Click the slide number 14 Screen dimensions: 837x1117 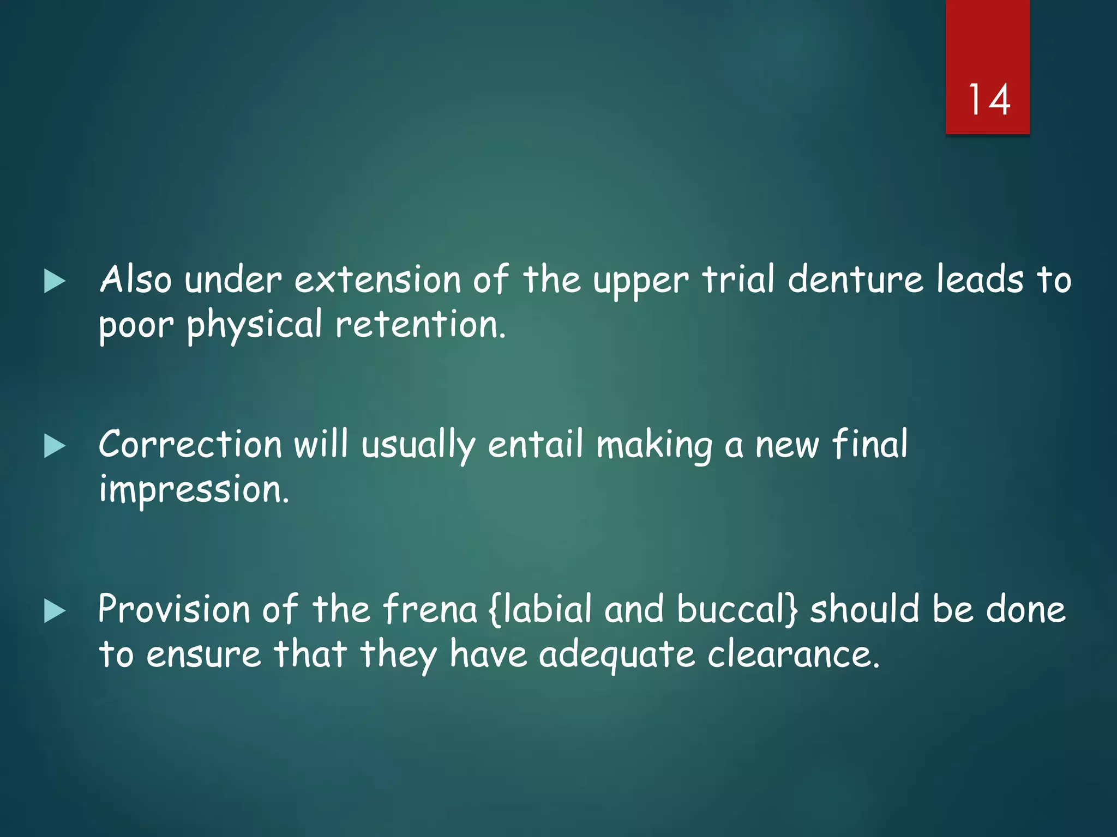click(988, 100)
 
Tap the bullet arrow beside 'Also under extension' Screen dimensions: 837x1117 click(55, 281)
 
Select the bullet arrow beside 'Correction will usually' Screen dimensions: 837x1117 click(55, 446)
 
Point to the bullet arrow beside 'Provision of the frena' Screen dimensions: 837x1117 click(55, 610)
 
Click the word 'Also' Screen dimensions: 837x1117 click(136, 280)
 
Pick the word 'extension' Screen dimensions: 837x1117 click(377, 280)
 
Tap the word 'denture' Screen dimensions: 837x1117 click(855, 280)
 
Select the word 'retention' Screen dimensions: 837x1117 click(420, 325)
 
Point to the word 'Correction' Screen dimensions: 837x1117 click(190, 444)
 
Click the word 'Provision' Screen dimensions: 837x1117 click(174, 609)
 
